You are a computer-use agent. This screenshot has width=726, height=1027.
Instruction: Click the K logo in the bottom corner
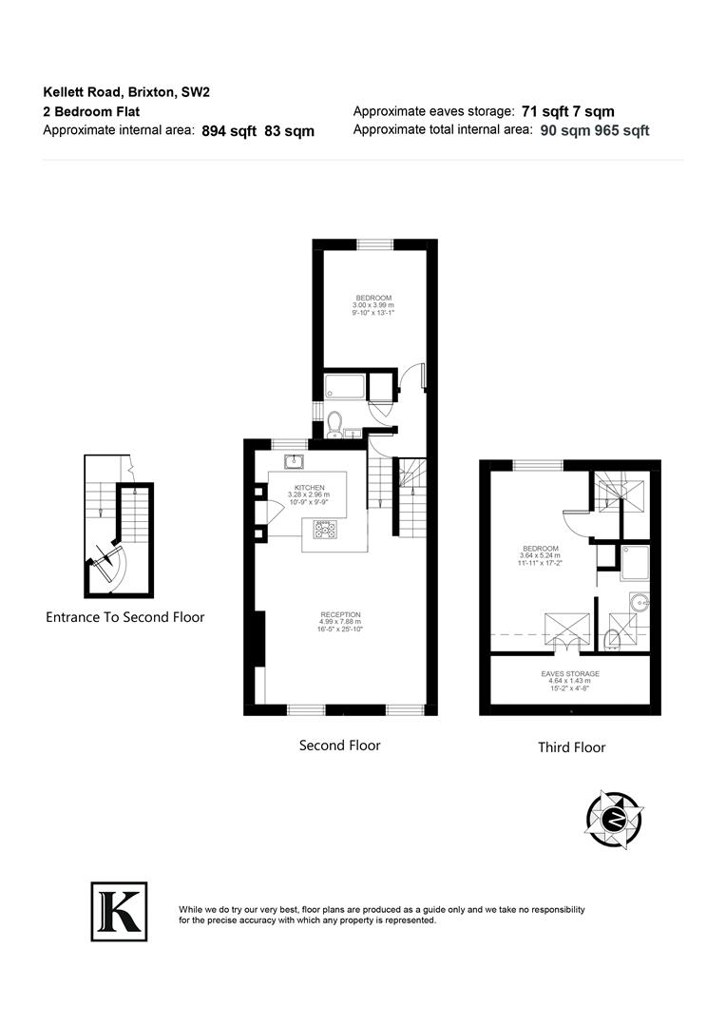pos(119,910)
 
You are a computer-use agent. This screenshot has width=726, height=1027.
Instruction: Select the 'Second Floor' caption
pos(339,746)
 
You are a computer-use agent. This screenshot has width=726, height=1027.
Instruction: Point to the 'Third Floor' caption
pos(571,747)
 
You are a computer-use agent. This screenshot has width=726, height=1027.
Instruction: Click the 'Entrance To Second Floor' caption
pos(124,617)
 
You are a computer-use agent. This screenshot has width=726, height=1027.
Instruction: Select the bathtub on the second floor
pos(345,387)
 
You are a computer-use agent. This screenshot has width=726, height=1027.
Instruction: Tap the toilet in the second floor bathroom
pos(334,424)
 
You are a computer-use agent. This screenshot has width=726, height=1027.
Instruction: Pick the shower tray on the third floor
pos(634,562)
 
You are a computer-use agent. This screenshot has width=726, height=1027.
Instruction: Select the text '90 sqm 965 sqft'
pos(595,131)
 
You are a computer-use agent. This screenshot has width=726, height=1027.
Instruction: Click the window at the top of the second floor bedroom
pos(374,244)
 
